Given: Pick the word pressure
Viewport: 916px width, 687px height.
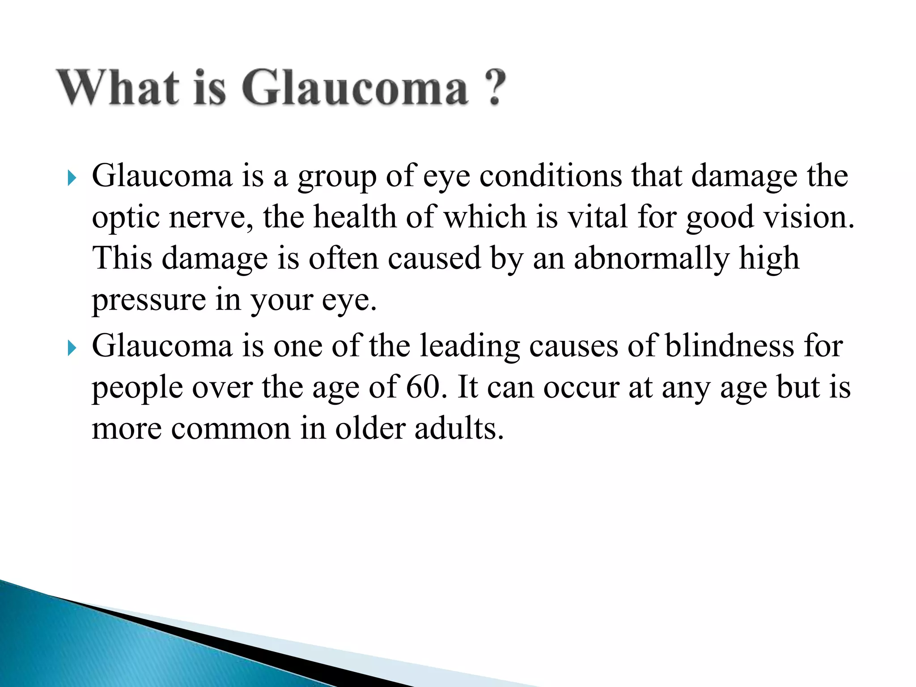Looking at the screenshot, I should click(x=148, y=301).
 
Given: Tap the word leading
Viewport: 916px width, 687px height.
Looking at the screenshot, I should click(x=470, y=347).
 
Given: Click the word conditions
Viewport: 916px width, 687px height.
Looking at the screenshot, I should click(x=551, y=176).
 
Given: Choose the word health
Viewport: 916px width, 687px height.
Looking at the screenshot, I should click(x=355, y=217).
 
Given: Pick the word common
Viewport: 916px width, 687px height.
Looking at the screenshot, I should click(x=231, y=429).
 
